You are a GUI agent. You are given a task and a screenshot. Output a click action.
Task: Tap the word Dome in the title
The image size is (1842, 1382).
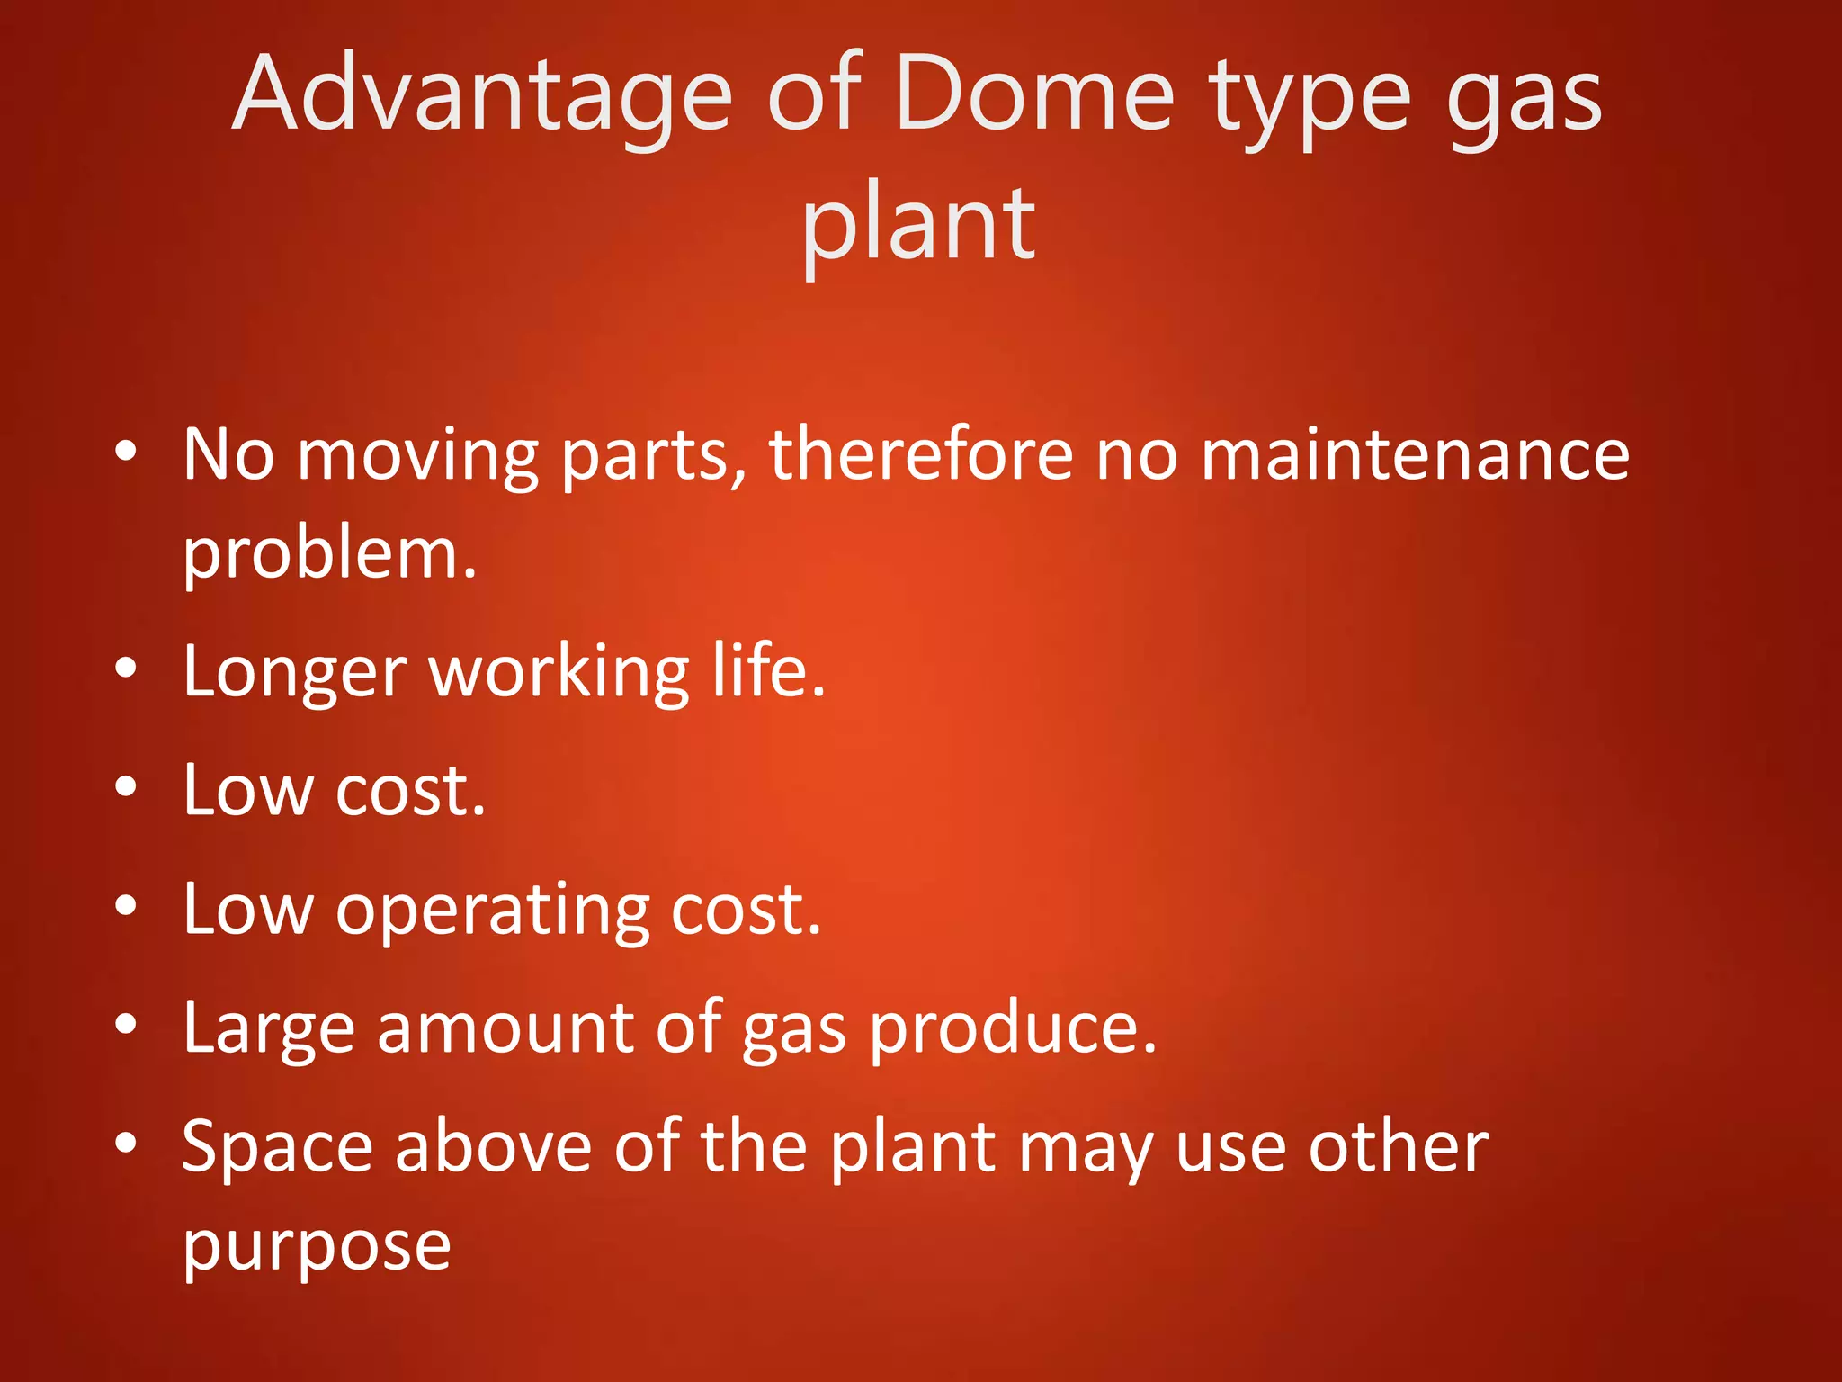tap(1034, 95)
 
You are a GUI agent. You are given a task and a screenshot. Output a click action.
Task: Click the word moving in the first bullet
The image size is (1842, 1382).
tap(417, 457)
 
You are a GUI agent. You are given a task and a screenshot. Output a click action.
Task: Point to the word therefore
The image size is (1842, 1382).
tap(921, 453)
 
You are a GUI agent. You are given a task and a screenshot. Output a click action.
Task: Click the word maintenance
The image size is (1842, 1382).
tap(1415, 453)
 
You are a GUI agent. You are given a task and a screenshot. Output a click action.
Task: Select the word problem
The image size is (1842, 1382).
tap(329, 555)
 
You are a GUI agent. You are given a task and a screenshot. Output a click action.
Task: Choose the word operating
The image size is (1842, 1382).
tap(492, 911)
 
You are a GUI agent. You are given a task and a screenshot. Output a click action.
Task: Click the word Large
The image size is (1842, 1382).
tap(269, 1029)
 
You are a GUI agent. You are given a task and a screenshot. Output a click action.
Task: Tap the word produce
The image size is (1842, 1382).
tap(1012, 1029)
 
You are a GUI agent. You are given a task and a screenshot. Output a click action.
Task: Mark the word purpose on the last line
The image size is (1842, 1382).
tap(317, 1248)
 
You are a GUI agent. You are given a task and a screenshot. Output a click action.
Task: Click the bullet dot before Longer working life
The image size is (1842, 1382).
tap(126, 668)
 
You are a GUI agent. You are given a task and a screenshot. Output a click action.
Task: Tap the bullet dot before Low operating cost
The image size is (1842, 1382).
tap(126, 905)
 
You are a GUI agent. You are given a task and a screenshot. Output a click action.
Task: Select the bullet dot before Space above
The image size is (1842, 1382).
tap(126, 1143)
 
